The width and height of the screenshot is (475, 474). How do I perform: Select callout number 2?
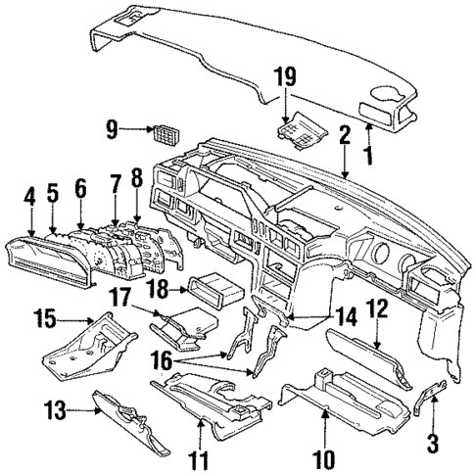(x=345, y=136)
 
